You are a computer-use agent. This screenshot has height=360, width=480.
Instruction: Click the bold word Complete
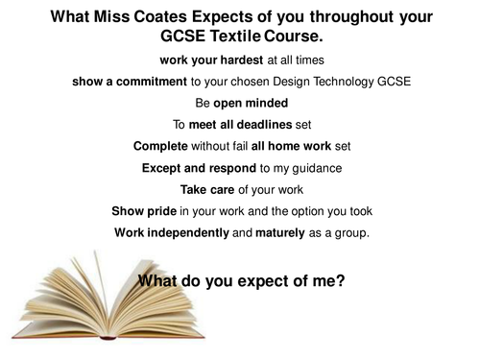(163, 145)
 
